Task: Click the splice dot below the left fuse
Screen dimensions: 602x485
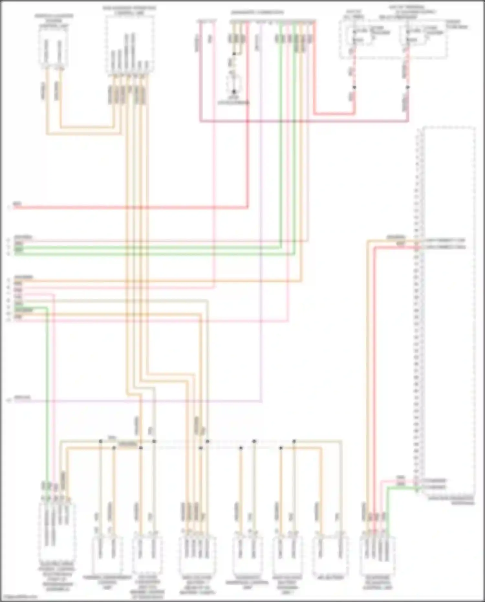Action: tap(354, 87)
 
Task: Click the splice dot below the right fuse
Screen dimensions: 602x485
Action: tap(408, 87)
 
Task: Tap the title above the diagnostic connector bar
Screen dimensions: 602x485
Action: tap(257, 13)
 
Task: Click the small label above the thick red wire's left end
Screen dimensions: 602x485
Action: tap(17, 203)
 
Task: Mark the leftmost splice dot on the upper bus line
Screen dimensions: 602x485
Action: tap(101, 441)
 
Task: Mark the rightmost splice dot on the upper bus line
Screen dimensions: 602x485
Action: tap(294, 441)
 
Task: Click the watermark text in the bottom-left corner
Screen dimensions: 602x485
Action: tap(19, 597)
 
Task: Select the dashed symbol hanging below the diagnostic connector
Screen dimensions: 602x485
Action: tap(234, 82)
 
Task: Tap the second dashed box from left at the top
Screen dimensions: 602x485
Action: tap(130, 44)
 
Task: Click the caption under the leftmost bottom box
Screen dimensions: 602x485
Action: tap(57, 579)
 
